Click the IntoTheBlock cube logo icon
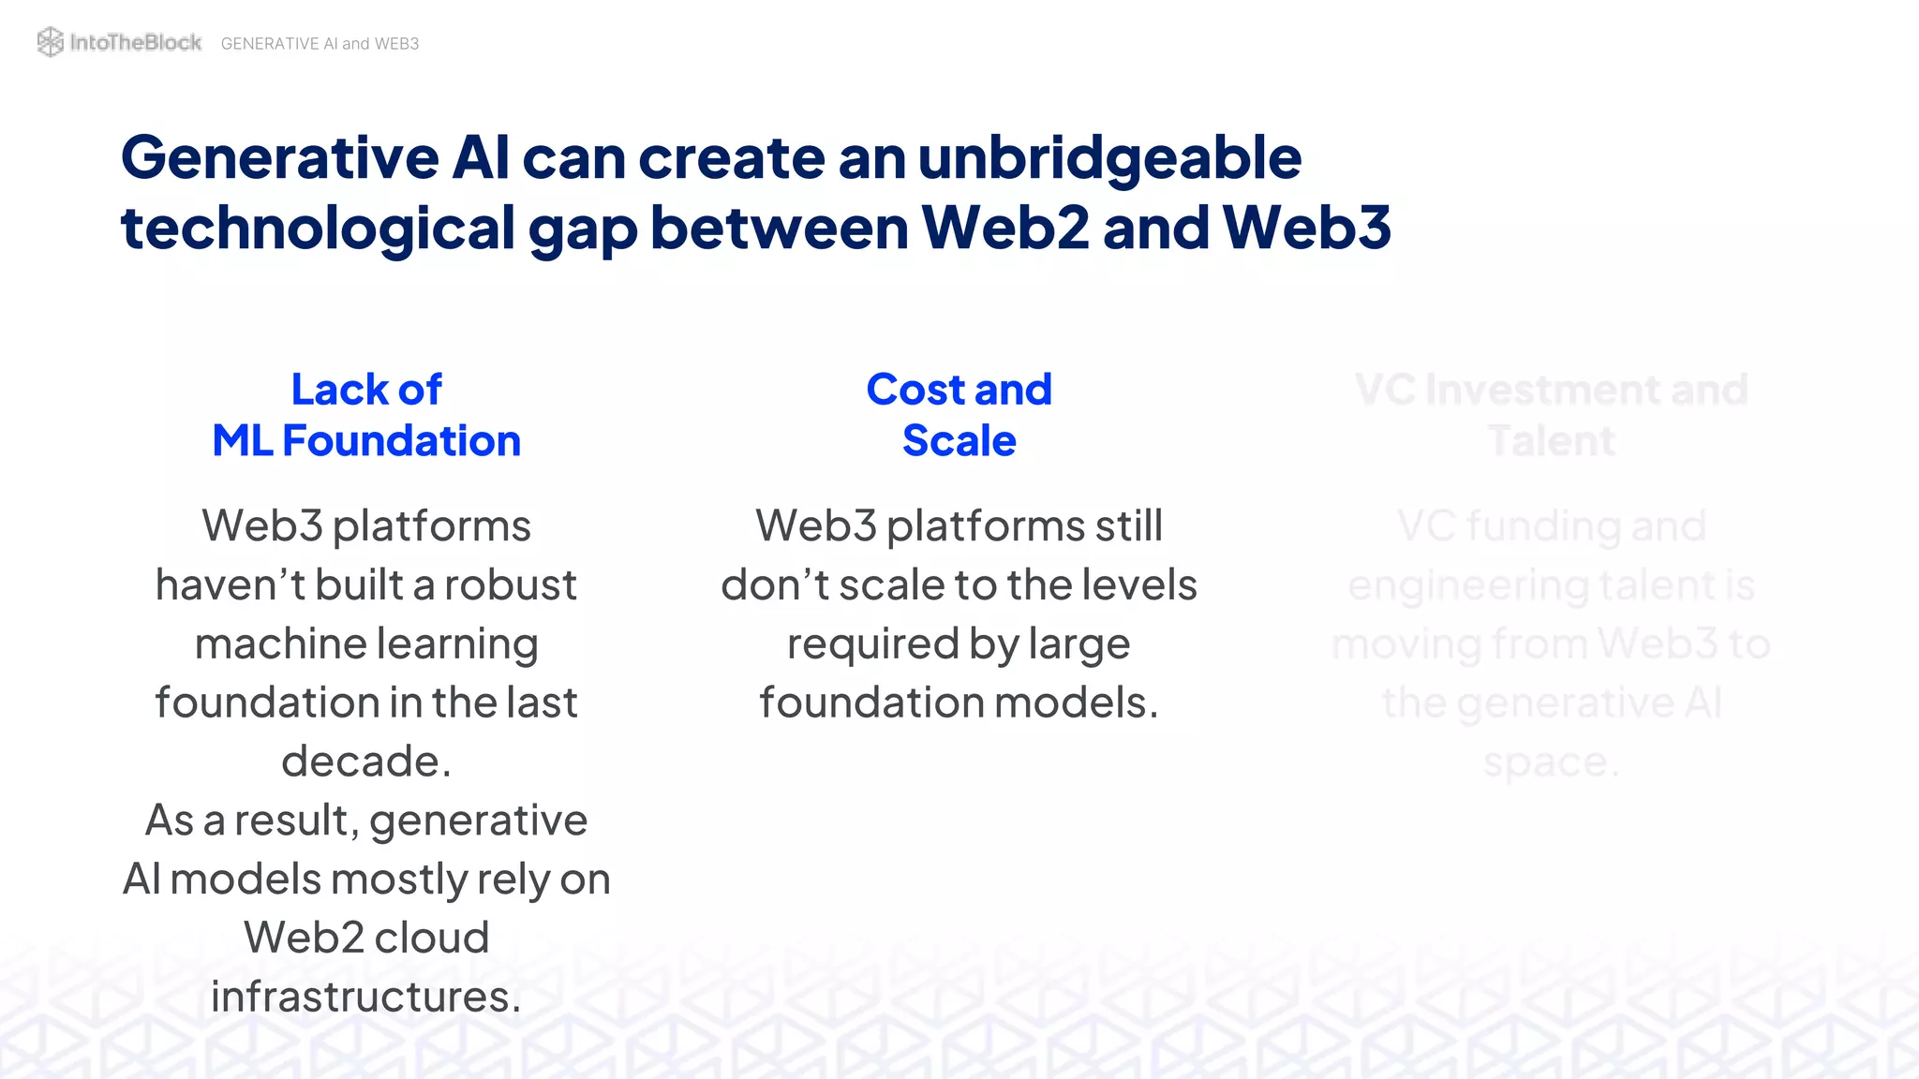click(50, 42)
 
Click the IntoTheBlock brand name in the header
click(136, 42)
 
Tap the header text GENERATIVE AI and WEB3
click(320, 44)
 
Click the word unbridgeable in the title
click(1109, 157)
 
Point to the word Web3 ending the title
click(1306, 228)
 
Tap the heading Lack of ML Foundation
click(366, 415)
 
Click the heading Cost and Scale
click(959, 415)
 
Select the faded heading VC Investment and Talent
click(1551, 415)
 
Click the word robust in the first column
click(511, 585)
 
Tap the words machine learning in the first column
click(366, 644)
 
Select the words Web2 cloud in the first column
click(366, 938)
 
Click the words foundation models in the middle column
click(959, 702)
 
